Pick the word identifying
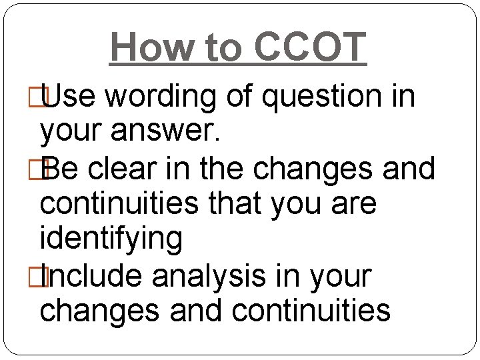coord(111,239)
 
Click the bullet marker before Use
coord(44,97)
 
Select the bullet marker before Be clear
coord(44,168)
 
